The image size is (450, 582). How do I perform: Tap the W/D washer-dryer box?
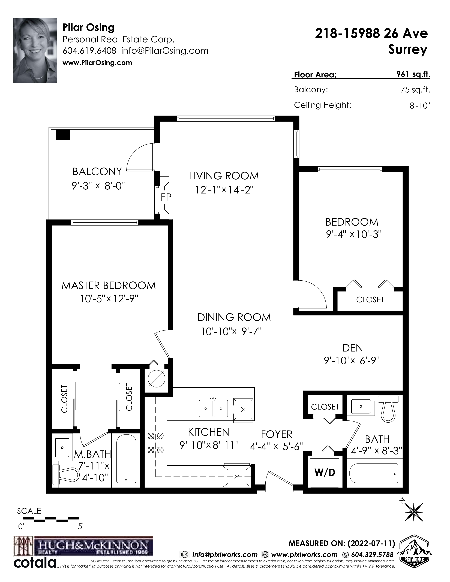(x=325, y=472)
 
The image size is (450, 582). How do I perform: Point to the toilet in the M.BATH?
(x=67, y=474)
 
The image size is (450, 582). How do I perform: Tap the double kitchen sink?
(x=214, y=408)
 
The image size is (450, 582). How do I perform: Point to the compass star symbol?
(x=414, y=512)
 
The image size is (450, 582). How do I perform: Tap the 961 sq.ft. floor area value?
(x=413, y=74)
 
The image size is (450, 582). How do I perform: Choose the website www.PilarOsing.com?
(x=97, y=63)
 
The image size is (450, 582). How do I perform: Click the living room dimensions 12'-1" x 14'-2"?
(x=224, y=190)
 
